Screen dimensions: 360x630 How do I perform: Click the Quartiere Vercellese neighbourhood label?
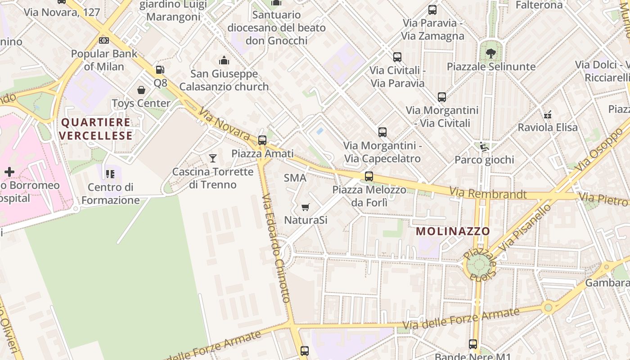[x=96, y=129]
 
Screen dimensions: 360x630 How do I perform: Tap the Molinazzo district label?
[x=453, y=231]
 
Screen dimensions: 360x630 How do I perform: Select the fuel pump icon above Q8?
[x=160, y=70]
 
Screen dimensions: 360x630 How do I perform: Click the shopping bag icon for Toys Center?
[x=141, y=90]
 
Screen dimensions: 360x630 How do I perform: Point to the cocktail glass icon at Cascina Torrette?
[x=213, y=158]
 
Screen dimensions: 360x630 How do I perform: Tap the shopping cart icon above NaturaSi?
[x=306, y=207]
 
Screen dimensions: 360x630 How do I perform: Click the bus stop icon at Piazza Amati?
[x=262, y=140]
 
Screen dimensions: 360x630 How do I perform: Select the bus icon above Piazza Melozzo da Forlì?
[x=369, y=176]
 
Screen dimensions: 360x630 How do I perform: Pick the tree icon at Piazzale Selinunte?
[x=491, y=53]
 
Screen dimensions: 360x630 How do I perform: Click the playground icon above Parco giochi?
[x=484, y=146]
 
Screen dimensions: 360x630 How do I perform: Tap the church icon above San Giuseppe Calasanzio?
[x=224, y=60]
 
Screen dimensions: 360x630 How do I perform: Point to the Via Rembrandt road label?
[x=488, y=194]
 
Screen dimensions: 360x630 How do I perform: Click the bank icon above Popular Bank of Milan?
[x=104, y=40]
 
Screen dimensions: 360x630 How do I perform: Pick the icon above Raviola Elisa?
[x=548, y=114]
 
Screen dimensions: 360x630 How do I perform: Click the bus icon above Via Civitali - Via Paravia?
[x=397, y=57]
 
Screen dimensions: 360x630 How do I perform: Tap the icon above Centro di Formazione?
[x=110, y=174]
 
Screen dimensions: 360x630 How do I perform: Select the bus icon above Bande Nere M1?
[x=473, y=344]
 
